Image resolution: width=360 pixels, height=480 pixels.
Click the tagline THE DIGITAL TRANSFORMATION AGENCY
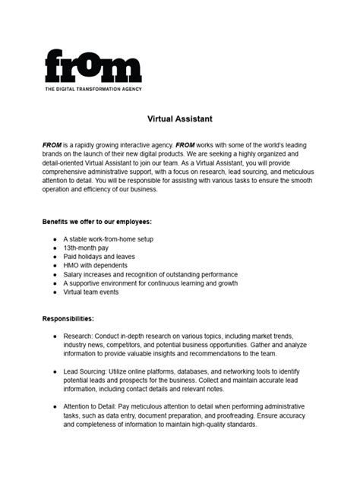[x=93, y=89]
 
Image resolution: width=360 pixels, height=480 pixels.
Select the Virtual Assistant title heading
[x=179, y=118]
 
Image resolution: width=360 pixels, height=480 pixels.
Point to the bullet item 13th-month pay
[x=87, y=247]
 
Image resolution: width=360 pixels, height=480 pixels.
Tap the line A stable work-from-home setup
[x=109, y=238]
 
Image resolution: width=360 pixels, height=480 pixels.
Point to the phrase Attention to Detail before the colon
[x=95, y=407]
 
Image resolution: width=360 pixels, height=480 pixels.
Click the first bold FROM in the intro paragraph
[x=52, y=144]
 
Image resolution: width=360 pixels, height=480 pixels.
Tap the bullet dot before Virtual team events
[x=55, y=292]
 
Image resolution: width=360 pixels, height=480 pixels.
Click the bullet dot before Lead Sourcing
[x=55, y=371]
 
